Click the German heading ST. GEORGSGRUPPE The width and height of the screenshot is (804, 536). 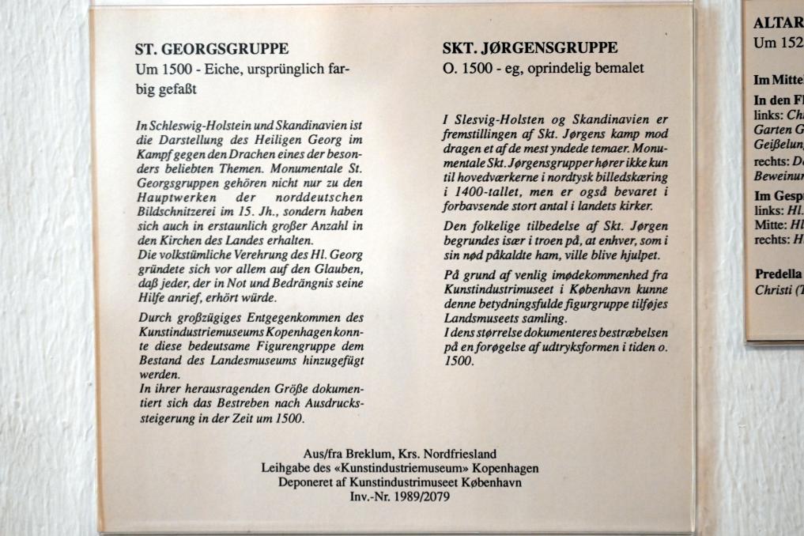(x=212, y=49)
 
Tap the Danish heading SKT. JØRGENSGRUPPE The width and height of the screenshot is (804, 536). (x=530, y=49)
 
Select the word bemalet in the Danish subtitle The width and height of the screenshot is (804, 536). (x=620, y=70)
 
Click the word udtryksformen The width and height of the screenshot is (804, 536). (x=573, y=348)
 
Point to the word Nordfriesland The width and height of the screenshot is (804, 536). (x=459, y=454)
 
